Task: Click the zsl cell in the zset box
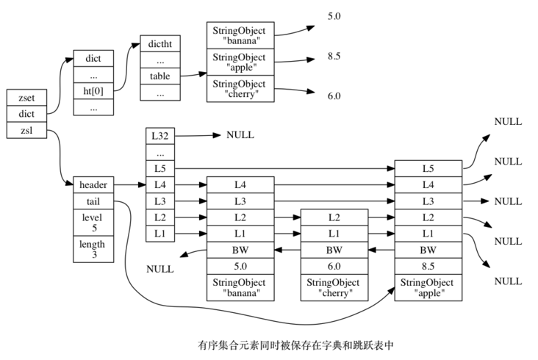point(20,131)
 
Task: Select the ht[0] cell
point(93,91)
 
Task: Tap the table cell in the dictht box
point(159,76)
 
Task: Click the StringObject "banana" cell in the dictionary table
point(240,35)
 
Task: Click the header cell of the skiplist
point(93,185)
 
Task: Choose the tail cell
point(93,201)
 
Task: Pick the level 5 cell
point(93,223)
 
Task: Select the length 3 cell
point(93,249)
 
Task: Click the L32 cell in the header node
point(159,136)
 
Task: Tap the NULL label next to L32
point(240,135)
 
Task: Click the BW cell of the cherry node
point(334,250)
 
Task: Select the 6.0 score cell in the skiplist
point(334,266)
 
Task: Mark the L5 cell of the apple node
point(428,168)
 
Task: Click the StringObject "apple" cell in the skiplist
point(428,287)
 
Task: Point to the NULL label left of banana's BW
point(160,269)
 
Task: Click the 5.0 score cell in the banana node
point(240,266)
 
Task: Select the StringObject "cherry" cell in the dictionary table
point(240,88)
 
